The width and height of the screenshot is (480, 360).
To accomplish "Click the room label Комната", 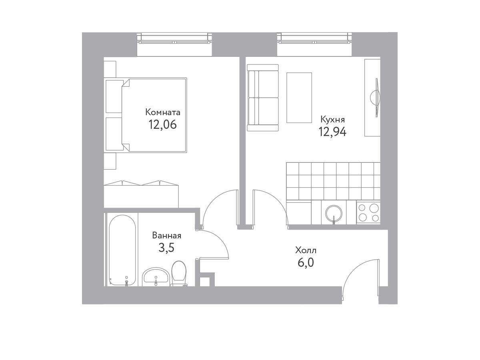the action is [162, 112].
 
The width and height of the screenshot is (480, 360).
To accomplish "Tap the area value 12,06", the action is [162, 125].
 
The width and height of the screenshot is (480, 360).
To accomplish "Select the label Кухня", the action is [332, 120].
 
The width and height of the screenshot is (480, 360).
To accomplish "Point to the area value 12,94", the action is [332, 132].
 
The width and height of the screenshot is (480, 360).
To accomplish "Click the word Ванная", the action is [167, 236].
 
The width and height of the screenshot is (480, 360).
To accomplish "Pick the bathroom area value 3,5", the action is [166, 248].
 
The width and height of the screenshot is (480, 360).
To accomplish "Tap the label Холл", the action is [306, 250].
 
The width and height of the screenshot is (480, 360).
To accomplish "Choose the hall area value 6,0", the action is [306, 262].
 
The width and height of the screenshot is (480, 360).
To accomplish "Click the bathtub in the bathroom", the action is [122, 250].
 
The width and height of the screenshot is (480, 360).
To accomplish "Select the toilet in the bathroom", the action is [179, 273].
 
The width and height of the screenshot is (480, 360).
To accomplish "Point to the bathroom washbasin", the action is [156, 277].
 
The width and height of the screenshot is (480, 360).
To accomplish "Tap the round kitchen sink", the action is [334, 213].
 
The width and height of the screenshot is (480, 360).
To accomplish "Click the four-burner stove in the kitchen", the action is [368, 212].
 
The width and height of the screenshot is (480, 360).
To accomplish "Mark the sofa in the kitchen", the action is [263, 98].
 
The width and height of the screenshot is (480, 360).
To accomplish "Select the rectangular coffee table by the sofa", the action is [299, 98].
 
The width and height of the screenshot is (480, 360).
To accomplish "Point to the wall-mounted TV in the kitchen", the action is [376, 98].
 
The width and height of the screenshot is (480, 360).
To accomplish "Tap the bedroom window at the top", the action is [174, 38].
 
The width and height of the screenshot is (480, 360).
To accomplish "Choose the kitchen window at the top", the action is [314, 38].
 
